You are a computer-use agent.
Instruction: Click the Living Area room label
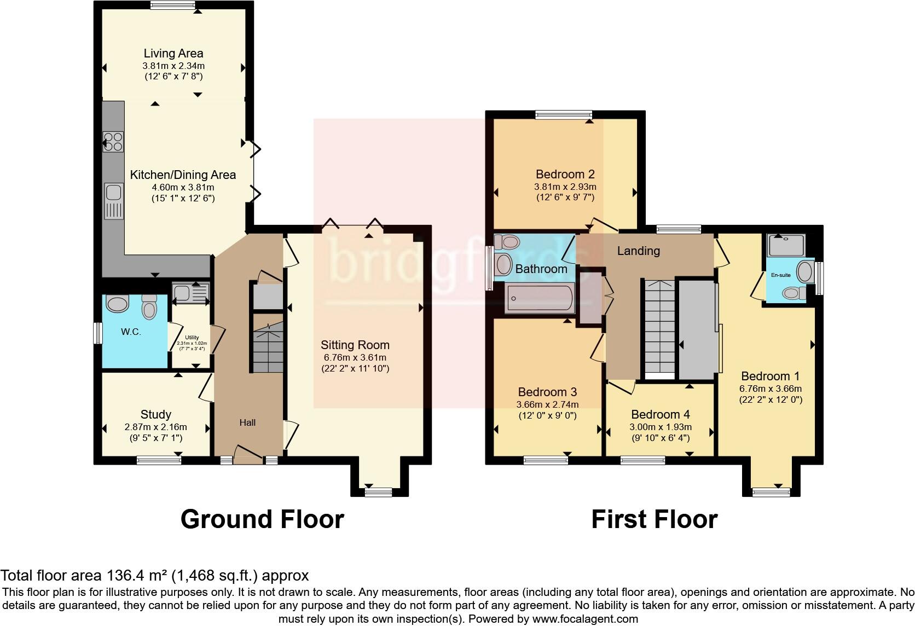[173, 54]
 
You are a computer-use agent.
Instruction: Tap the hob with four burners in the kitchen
[113, 142]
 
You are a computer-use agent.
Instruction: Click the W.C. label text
[131, 332]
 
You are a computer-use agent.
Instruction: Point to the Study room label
[156, 415]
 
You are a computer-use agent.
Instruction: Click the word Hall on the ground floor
[247, 422]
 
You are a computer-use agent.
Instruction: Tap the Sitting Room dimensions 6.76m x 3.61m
[355, 357]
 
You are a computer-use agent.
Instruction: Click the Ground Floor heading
[262, 519]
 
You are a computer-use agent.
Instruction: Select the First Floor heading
[654, 519]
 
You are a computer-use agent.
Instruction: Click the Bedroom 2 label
[565, 175]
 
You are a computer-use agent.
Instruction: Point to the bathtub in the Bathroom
[539, 298]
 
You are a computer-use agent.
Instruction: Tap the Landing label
[638, 251]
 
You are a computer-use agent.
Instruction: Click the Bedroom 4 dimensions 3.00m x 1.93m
[661, 427]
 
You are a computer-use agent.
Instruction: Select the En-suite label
[780, 275]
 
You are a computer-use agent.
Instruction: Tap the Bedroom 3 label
[547, 392]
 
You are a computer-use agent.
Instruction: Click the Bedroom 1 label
[770, 376]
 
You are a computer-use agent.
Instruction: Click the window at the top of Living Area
[173, 5]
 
